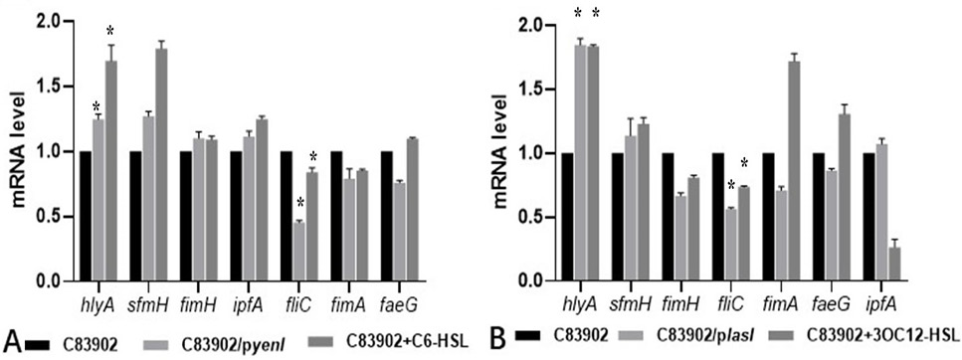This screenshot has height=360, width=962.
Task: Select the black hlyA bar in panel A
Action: tap(86, 217)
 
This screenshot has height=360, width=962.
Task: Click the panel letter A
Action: tap(12, 340)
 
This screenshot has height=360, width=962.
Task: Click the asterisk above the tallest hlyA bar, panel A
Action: tap(110, 31)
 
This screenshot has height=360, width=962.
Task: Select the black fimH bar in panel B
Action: tap(670, 217)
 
